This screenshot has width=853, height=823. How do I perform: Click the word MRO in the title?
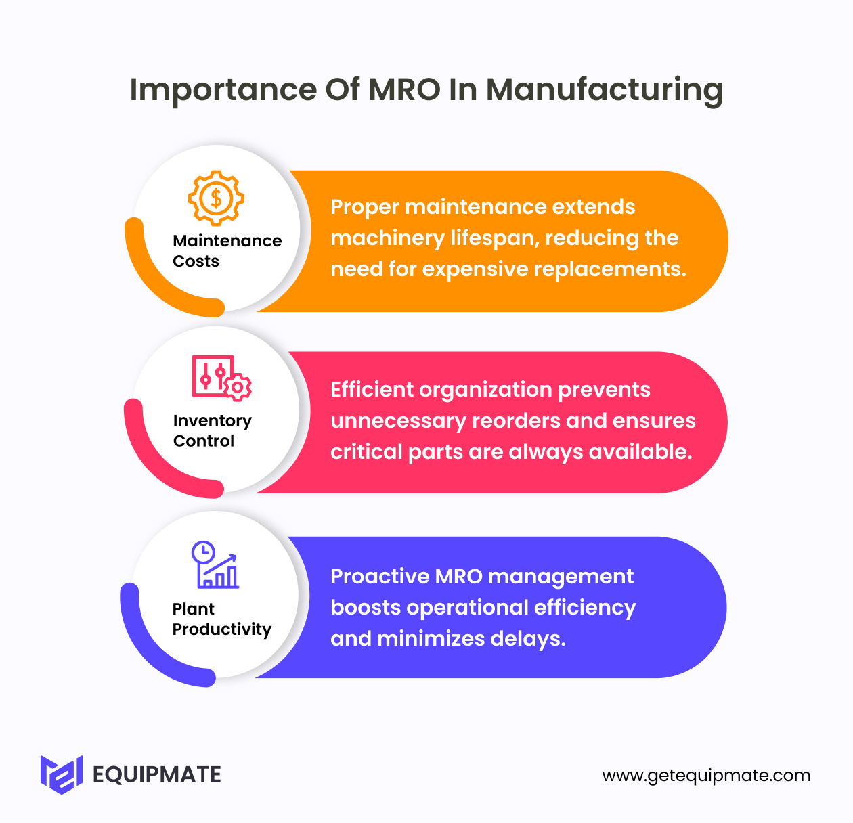click(404, 89)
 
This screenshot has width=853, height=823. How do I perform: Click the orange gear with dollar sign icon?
click(216, 198)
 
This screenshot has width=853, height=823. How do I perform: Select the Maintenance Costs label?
click(227, 250)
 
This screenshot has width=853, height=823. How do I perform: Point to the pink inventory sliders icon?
click(221, 378)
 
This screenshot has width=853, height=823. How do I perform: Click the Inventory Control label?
click(212, 430)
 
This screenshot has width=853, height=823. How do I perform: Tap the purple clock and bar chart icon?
click(215, 564)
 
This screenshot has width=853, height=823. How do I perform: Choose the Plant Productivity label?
click(221, 619)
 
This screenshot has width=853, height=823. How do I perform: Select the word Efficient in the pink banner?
click(371, 390)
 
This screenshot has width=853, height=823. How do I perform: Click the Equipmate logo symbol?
click(62, 774)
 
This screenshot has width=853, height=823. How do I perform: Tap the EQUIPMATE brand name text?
click(156, 774)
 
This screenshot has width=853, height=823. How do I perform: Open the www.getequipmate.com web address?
click(706, 776)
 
